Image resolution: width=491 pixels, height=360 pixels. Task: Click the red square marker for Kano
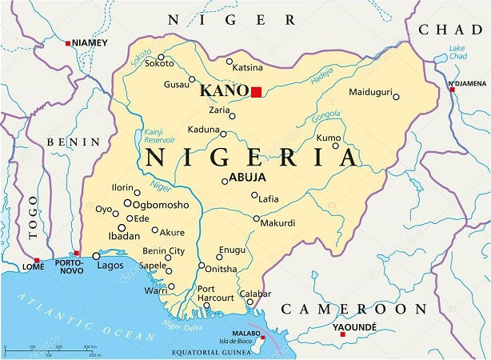click(x=256, y=92)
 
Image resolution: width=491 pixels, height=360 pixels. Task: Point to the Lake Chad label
click(x=459, y=53)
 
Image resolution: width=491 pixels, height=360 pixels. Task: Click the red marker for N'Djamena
click(x=452, y=90)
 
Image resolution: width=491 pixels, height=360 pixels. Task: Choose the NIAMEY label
click(x=89, y=42)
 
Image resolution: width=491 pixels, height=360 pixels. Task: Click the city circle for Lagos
click(x=96, y=256)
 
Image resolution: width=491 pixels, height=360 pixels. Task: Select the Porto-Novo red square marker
click(x=76, y=252)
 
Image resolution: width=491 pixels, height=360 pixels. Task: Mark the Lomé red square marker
click(x=37, y=260)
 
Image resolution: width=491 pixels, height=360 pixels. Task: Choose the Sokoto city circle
click(x=161, y=57)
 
